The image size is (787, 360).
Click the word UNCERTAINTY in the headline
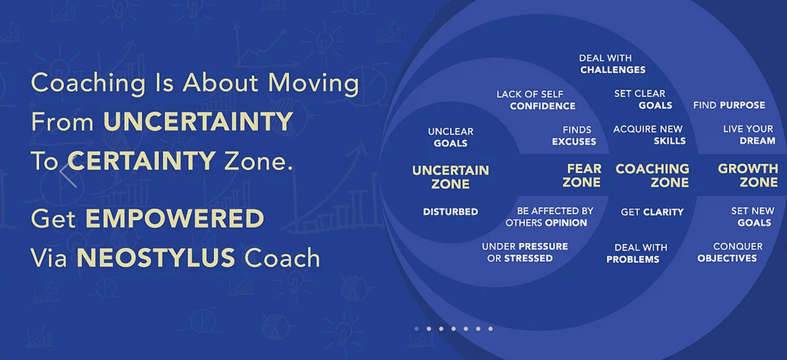point(198,122)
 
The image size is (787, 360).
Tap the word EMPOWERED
point(175,218)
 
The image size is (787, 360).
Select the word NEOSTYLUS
point(155,257)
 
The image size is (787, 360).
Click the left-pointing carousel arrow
point(68,175)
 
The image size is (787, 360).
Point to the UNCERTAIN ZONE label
point(450,177)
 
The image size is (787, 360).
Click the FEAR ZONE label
point(582,175)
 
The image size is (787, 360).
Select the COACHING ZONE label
point(652,175)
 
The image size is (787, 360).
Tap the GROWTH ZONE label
point(748,175)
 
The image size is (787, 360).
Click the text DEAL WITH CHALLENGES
point(612,64)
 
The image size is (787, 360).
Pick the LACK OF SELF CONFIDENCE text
point(536,100)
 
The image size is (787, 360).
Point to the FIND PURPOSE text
point(729,105)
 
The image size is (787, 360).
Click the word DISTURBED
point(450,212)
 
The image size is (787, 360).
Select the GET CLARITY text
point(652,212)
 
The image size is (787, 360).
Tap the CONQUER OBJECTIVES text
point(730,252)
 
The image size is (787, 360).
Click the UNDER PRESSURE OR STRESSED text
point(524,252)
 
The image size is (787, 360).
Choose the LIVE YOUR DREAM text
point(748,135)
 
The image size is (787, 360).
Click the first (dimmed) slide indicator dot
point(416,329)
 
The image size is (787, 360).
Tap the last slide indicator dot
point(491,329)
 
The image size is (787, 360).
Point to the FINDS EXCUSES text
point(574,136)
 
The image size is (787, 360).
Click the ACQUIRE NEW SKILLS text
point(649,135)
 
